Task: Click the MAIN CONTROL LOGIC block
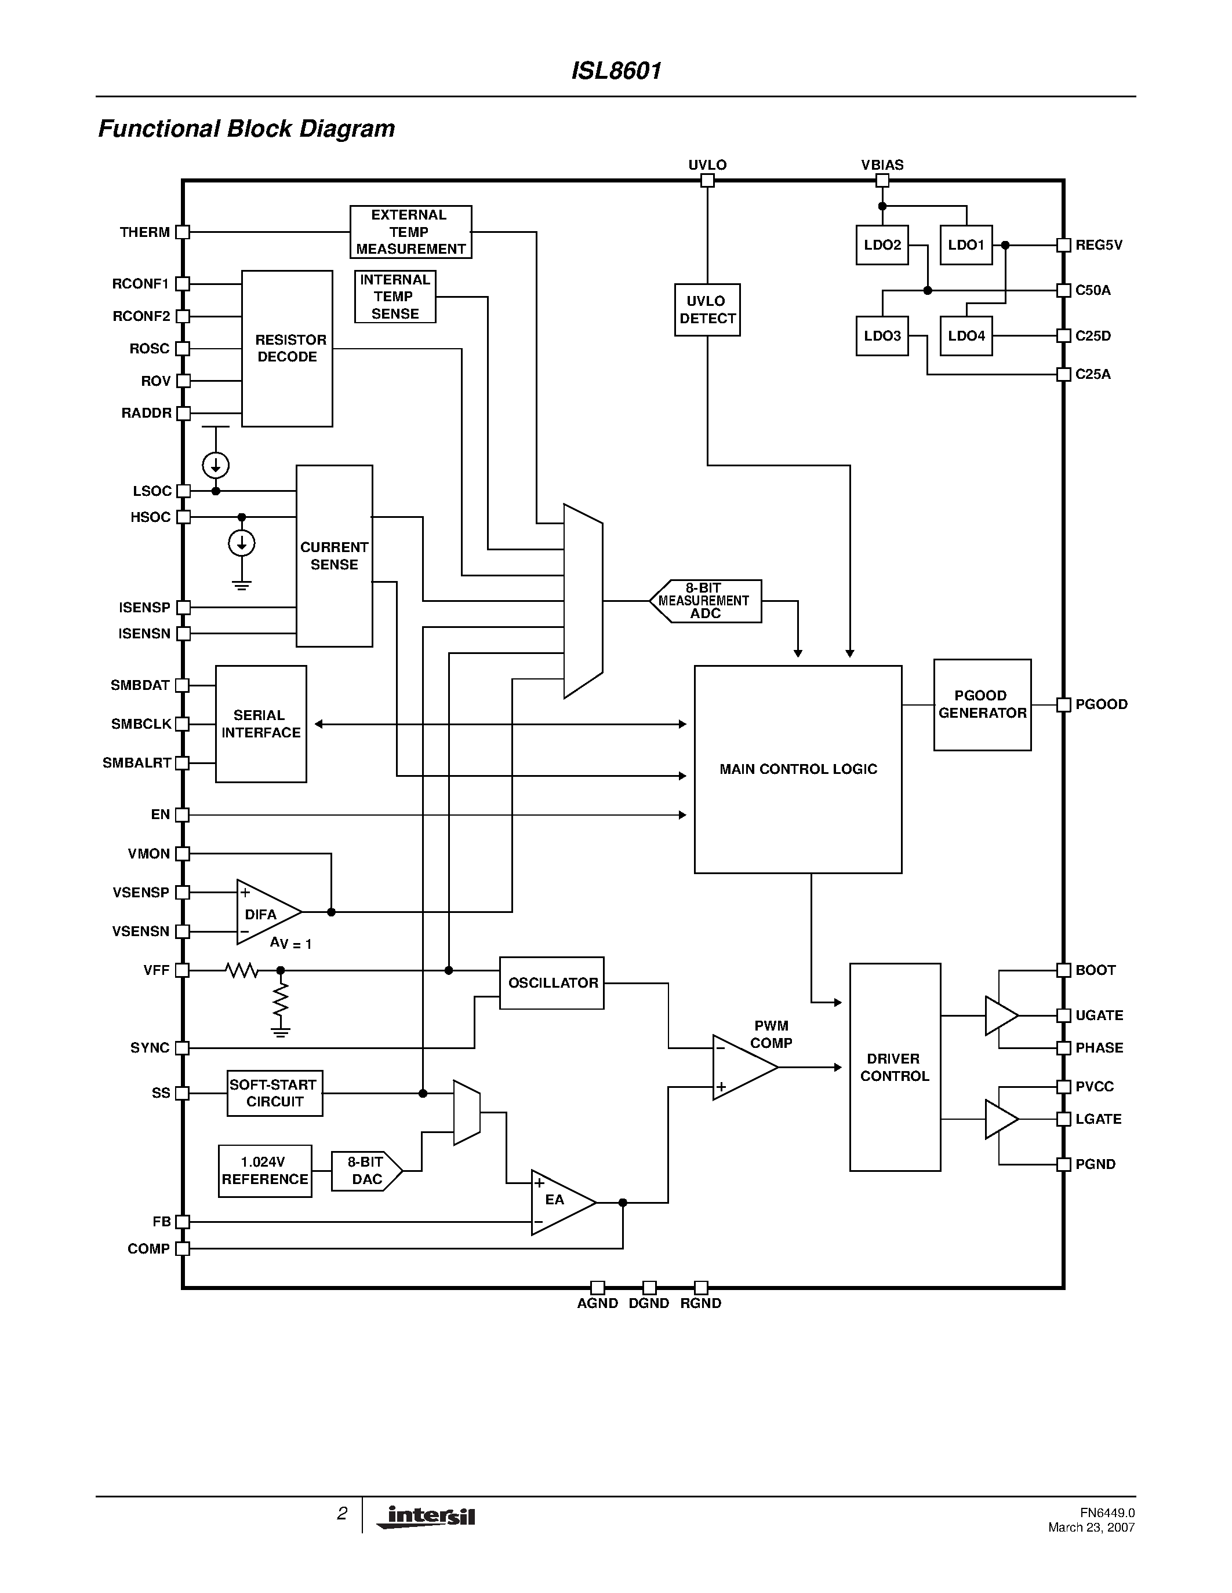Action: (797, 769)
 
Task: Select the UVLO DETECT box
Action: (707, 310)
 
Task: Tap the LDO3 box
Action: (882, 335)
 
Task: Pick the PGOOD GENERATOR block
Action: (982, 704)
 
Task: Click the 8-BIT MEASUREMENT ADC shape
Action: (705, 601)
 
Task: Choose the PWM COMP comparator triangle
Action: (741, 1067)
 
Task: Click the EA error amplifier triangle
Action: (558, 1203)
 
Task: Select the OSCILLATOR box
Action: (552, 983)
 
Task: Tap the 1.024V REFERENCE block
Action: (264, 1171)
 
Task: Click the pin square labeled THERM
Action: (183, 232)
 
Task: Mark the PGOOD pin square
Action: (1063, 704)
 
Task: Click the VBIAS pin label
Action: (882, 165)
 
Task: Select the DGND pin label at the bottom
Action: (649, 1303)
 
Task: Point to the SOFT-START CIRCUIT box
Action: (274, 1093)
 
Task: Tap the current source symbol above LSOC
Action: (216, 465)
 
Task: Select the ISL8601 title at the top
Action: (616, 71)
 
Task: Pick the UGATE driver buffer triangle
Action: (1000, 1015)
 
